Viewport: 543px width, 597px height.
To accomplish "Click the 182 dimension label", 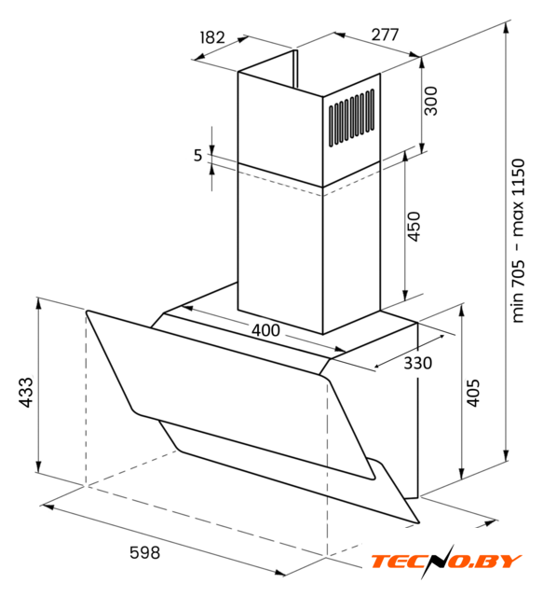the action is (x=212, y=37).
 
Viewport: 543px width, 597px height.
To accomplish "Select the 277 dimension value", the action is (x=385, y=35).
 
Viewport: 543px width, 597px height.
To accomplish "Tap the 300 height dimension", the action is (x=431, y=101).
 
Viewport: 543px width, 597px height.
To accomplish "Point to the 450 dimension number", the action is (x=414, y=226).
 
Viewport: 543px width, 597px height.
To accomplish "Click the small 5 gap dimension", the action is (x=197, y=156).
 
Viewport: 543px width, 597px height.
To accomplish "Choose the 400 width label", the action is (x=265, y=330).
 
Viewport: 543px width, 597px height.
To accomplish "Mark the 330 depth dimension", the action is (x=417, y=363).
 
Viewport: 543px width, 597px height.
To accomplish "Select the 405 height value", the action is (x=472, y=393).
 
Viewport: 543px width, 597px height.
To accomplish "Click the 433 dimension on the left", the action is (x=26, y=393).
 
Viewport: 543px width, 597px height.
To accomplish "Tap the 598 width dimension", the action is (x=145, y=552).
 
